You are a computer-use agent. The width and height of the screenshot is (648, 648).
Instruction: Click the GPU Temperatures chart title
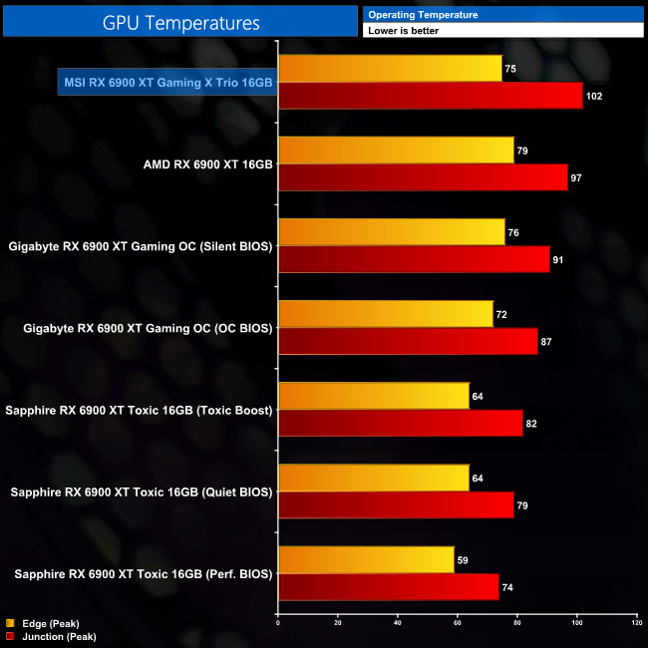coord(180,21)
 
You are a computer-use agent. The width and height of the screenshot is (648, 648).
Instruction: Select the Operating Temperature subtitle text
coord(423,15)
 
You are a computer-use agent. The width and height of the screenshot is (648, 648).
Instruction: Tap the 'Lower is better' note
coord(404,31)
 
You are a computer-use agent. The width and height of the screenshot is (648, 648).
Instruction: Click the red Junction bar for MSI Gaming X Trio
coord(431,96)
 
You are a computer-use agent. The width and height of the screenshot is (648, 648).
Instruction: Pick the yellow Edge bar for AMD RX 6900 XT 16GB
coord(396,151)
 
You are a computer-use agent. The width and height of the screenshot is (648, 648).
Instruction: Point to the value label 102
coord(596,97)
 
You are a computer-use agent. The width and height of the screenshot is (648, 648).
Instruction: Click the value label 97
coord(576,178)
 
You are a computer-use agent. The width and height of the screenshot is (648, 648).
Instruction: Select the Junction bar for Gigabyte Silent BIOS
coord(414,259)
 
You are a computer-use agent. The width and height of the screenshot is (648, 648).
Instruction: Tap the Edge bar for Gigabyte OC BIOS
coord(386,314)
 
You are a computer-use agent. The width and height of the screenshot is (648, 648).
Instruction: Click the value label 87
coord(546,342)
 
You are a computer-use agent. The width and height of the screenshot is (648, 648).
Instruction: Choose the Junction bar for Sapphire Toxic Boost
coord(400,423)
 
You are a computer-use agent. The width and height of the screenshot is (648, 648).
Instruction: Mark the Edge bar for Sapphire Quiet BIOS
coord(374,478)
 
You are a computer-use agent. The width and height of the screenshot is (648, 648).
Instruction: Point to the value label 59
coord(463,560)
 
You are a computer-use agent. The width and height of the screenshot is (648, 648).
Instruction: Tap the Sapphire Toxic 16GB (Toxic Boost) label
coord(140,410)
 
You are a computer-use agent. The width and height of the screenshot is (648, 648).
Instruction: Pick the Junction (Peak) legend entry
coord(52,635)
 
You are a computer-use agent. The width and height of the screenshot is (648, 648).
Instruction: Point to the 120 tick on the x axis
coord(636,623)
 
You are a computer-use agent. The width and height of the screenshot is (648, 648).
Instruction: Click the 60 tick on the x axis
coord(457,623)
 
